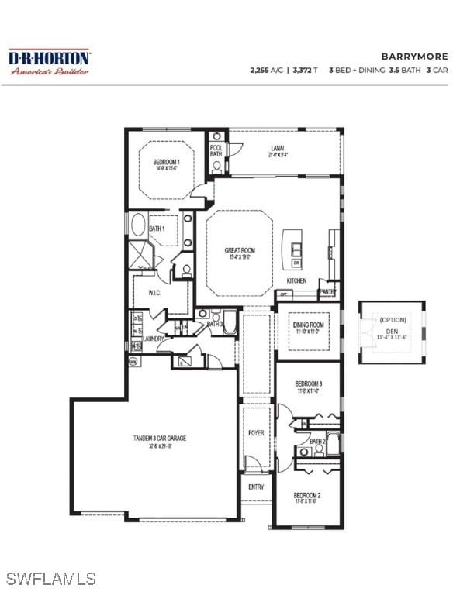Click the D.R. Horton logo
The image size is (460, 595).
point(50,62)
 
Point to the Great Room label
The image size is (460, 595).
point(240,251)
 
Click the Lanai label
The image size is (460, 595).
point(277,148)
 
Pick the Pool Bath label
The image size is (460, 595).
point(216,151)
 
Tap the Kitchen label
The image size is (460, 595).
point(296,280)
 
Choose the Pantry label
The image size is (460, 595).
point(327,292)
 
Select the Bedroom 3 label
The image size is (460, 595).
point(308,384)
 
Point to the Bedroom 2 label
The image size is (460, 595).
point(306,495)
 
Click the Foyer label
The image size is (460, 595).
point(256,433)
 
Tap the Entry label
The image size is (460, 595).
point(256,487)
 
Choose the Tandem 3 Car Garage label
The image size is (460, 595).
point(159,439)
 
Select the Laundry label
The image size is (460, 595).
point(153,339)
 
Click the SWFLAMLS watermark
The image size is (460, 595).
point(50,579)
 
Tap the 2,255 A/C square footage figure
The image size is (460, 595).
point(266,70)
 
